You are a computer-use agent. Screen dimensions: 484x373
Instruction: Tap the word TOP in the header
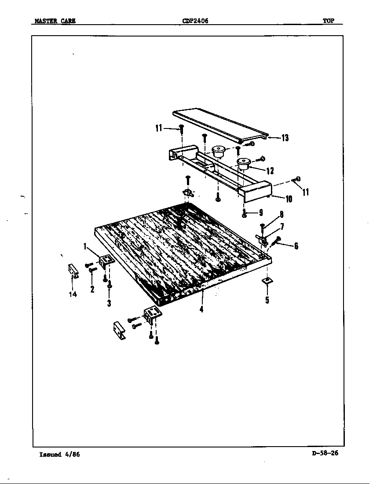329,21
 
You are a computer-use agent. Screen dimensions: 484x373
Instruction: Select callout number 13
285,138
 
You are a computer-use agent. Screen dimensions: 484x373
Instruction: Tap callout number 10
289,199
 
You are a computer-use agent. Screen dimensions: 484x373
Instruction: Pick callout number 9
260,213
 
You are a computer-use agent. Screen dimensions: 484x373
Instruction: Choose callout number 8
281,216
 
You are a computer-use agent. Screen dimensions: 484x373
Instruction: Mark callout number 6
296,246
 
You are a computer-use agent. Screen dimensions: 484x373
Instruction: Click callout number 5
267,301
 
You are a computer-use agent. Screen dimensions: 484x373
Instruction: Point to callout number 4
201,309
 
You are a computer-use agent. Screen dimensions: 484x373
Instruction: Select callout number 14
73,294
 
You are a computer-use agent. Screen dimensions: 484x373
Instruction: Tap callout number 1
85,247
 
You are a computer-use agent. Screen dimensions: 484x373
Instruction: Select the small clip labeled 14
73,271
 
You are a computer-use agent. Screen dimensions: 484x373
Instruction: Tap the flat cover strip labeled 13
220,125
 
